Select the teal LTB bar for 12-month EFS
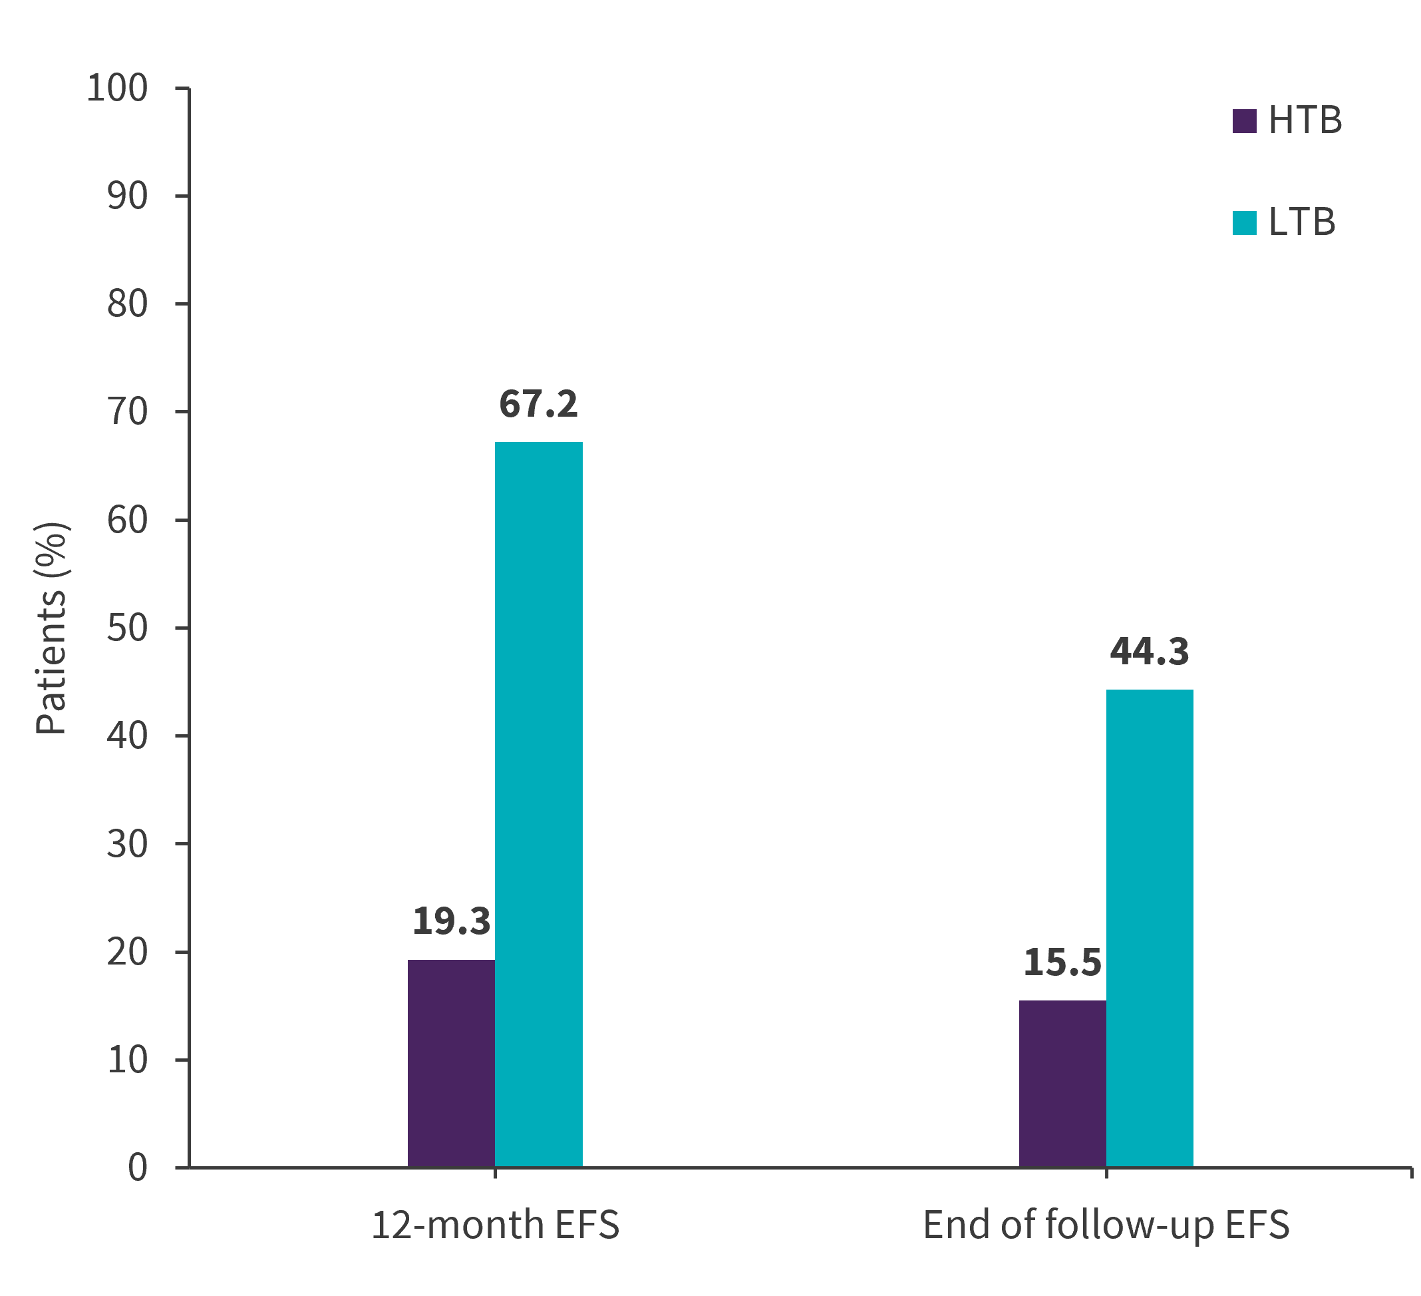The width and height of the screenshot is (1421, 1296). click(538, 804)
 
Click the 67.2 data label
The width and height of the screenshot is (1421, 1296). click(538, 405)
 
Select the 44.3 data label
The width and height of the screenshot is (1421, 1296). click(1150, 652)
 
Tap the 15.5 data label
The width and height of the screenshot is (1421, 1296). click(1062, 963)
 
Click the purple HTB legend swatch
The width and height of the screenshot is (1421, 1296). click(1244, 121)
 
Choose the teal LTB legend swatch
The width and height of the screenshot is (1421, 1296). click(1244, 223)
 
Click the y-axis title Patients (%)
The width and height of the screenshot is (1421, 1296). click(51, 628)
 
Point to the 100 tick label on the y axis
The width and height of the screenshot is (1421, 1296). click(117, 89)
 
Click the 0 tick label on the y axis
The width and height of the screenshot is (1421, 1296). click(138, 1168)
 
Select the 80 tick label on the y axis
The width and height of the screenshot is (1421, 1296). click(128, 304)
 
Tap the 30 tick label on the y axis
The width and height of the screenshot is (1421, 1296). click(128, 844)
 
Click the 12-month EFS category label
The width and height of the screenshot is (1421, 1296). click(495, 1225)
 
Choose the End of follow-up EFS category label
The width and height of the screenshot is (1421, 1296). click(1106, 1225)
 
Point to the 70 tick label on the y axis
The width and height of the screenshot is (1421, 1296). click(128, 412)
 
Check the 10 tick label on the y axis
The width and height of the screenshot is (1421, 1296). click(128, 1060)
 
